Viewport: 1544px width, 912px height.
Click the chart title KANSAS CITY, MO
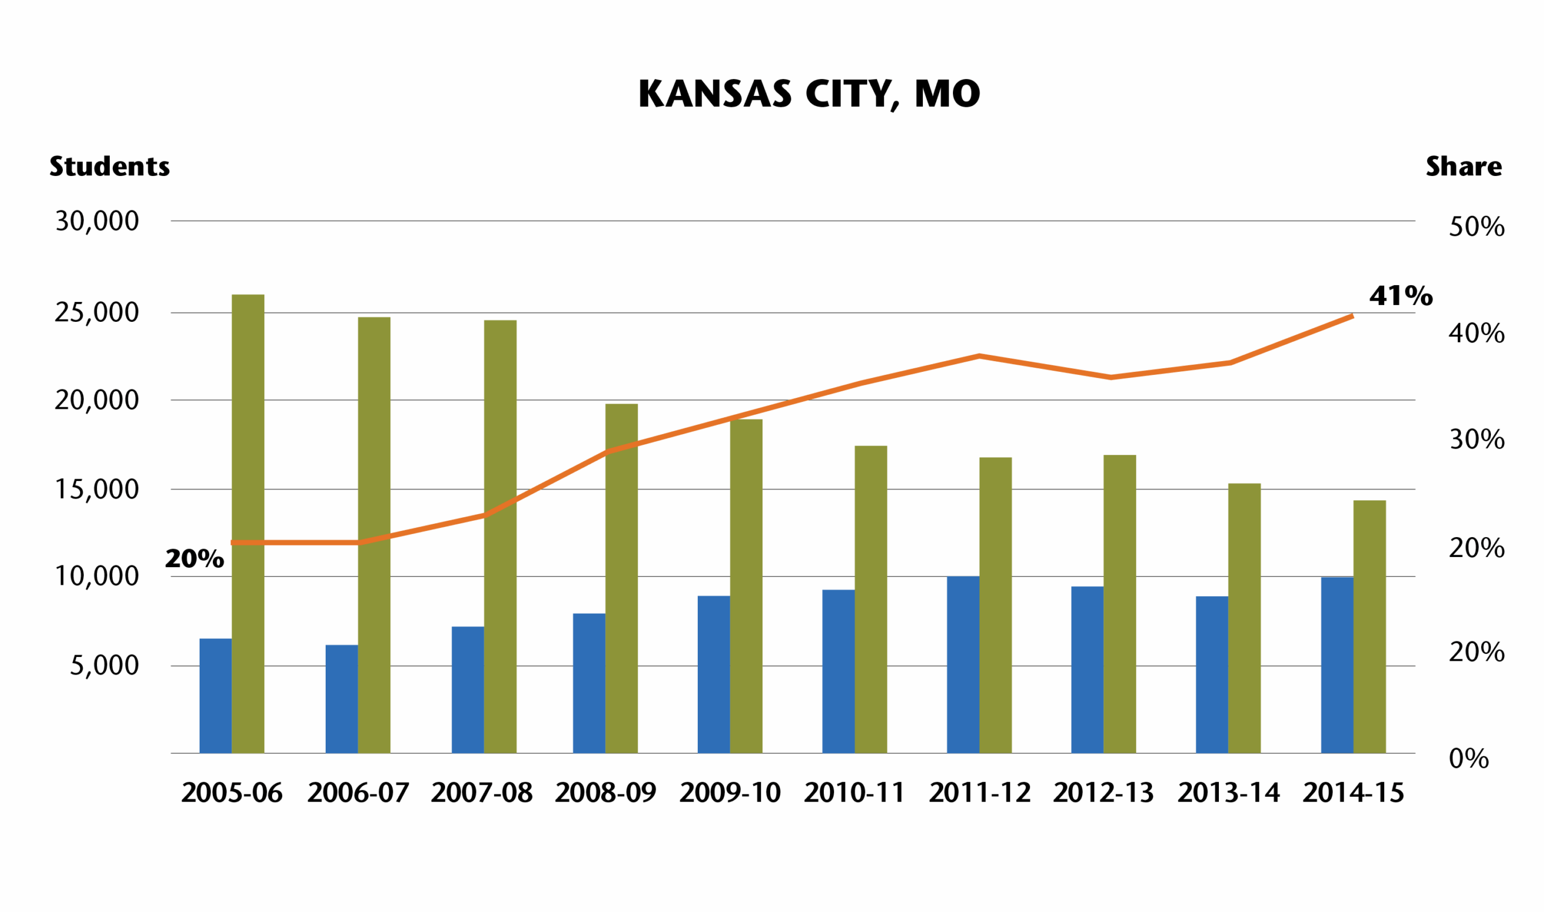(809, 94)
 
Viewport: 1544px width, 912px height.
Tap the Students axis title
(109, 166)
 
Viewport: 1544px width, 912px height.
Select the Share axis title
(1463, 166)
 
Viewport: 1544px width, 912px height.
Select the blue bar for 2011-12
(963, 664)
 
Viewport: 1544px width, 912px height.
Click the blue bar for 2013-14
(1212, 674)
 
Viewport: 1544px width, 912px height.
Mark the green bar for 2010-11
(871, 599)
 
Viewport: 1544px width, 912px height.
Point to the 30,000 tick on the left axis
(97, 221)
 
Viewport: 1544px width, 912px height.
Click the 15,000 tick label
(97, 490)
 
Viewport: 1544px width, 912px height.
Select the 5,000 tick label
(104, 665)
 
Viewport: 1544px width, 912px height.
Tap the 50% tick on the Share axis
(1476, 227)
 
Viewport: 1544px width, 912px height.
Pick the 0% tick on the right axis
(1469, 759)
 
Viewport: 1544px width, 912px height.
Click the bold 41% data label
(1400, 296)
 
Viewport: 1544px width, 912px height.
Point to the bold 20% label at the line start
(194, 559)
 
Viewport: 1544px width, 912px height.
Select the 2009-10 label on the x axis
(730, 793)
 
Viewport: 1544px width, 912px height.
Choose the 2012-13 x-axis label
(1103, 793)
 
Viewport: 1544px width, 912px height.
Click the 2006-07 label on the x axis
(358, 793)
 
